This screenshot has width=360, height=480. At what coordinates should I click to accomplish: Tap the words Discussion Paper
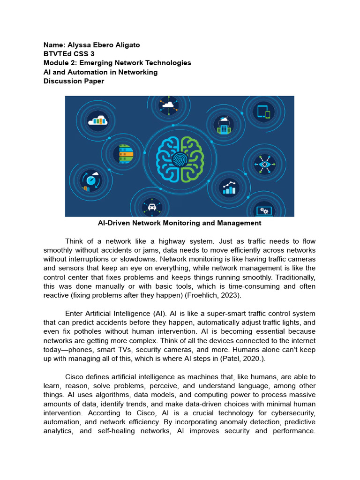pyautogui.click(x=74, y=81)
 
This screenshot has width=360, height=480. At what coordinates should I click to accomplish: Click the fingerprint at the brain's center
pyautogui.click(x=180, y=159)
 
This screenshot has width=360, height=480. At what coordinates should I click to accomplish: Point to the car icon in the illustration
pyautogui.click(x=152, y=206)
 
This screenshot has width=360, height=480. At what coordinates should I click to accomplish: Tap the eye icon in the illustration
pyautogui.click(x=265, y=165)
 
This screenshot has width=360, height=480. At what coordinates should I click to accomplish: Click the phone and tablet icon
pyautogui.click(x=262, y=112)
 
